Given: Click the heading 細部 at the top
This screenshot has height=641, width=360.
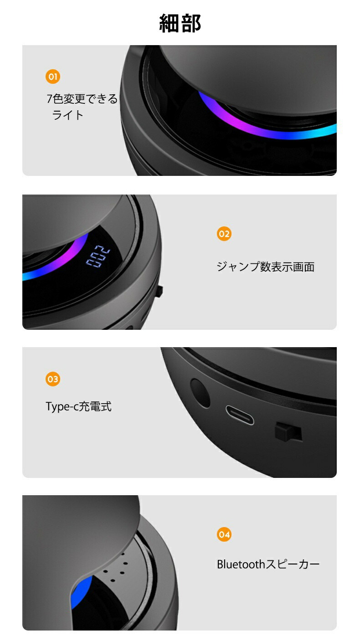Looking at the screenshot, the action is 180,23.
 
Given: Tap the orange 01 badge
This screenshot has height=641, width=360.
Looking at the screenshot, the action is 53,77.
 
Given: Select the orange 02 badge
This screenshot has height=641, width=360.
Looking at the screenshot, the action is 224,234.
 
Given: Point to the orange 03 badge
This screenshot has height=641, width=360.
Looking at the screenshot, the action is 53,379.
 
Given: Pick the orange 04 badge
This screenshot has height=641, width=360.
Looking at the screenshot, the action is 224,534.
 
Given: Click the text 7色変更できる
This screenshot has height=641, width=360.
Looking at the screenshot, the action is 82,99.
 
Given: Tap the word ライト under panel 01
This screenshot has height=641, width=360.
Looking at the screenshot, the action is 67,115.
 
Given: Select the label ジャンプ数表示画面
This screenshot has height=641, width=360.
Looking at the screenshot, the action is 266,267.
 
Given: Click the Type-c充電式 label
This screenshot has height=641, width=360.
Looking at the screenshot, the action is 78,406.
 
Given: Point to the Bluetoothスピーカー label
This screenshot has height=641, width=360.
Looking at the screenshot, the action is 268,564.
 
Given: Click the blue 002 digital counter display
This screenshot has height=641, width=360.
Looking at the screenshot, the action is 98,256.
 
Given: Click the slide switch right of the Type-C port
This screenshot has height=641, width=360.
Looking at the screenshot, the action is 288,431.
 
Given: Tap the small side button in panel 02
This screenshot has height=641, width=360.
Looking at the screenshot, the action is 159,291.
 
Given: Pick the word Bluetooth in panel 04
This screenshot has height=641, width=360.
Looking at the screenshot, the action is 241,564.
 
